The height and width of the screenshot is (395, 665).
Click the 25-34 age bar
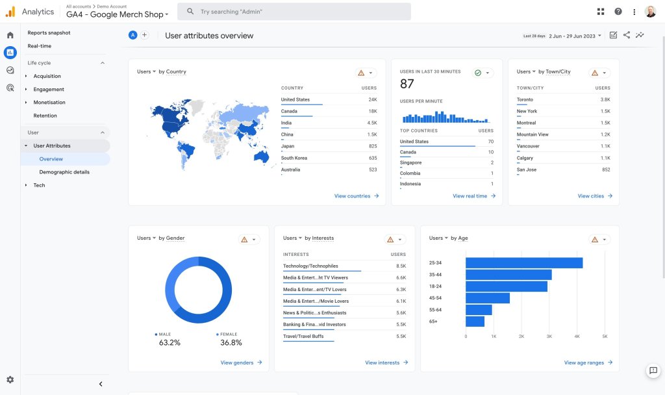[524, 262]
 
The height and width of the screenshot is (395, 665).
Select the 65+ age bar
[475, 322]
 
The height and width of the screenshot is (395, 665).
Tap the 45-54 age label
[435, 298]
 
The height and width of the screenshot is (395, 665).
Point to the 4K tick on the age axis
[577, 337]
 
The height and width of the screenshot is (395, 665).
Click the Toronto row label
[525, 99]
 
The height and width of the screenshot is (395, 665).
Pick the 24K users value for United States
[372, 99]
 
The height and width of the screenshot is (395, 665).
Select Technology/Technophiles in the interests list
[310, 266]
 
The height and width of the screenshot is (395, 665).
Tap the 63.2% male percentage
[169, 343]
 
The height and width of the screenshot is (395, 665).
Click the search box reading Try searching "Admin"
[294, 12]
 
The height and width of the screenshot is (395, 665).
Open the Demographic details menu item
[64, 172]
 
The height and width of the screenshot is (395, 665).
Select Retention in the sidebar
[45, 116]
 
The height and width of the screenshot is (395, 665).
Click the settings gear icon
[10, 379]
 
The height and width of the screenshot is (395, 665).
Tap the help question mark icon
[618, 12]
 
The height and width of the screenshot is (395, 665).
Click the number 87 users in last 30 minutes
[407, 84]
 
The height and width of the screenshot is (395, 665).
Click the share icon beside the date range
[627, 35]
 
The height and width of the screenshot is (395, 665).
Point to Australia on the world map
[262, 157]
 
